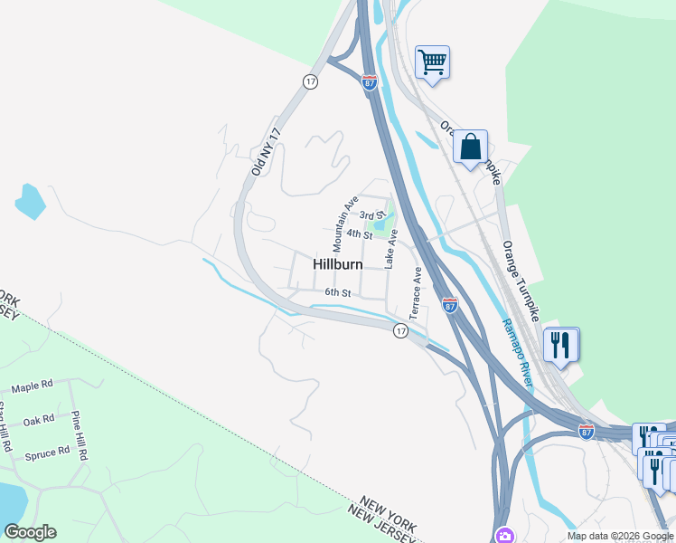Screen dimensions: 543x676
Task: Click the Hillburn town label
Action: click(x=338, y=264)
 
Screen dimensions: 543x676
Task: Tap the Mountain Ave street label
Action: click(x=345, y=224)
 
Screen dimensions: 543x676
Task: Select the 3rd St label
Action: click(x=372, y=215)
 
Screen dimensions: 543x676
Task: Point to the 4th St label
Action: click(x=359, y=234)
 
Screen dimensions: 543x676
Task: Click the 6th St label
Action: click(x=337, y=292)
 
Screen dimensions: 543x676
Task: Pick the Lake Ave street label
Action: click(x=391, y=248)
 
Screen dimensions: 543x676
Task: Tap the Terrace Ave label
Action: click(x=417, y=292)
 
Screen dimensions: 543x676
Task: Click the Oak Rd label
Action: click(x=40, y=421)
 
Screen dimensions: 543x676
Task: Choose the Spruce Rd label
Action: click(x=48, y=452)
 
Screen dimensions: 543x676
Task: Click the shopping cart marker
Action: click(x=432, y=62)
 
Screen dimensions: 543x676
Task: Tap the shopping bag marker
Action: click(x=470, y=147)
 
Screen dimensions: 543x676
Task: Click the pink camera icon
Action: click(x=503, y=535)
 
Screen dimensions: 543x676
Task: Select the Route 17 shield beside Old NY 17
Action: click(x=310, y=81)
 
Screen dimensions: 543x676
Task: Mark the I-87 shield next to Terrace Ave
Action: click(x=450, y=306)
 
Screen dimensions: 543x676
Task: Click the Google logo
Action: click(x=30, y=532)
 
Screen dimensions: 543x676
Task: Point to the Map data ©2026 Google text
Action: click(x=620, y=536)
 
